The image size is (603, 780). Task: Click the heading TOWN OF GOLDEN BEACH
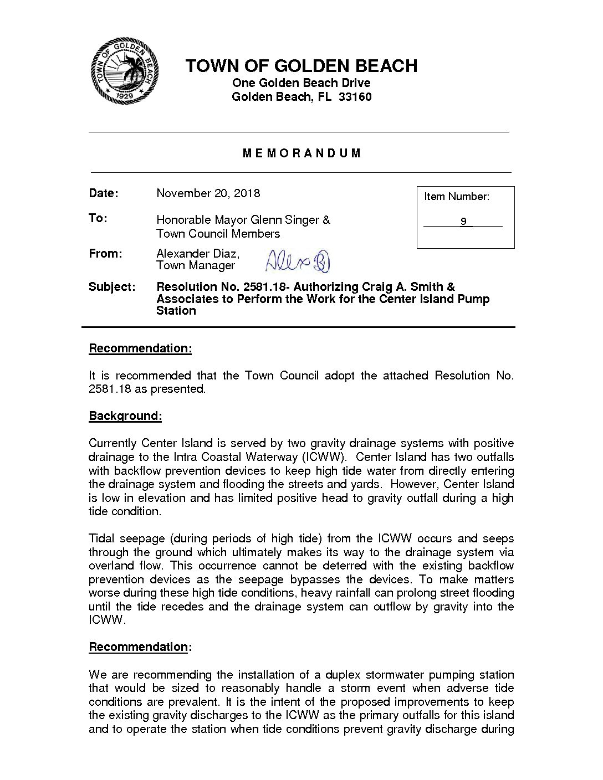coord(301,66)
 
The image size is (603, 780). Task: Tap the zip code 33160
coord(354,97)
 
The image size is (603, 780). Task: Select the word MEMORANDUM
coord(302,153)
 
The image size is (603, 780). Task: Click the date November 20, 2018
coord(208,193)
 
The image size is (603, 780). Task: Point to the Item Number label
coord(457,197)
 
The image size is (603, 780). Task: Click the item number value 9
coord(463,222)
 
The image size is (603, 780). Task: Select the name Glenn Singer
coord(285,220)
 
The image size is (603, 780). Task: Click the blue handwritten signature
coord(298,261)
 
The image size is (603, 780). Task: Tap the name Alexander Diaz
coord(197,254)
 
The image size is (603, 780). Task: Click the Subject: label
coord(112,288)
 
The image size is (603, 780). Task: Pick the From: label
coord(105,254)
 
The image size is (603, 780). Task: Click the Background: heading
coord(125,416)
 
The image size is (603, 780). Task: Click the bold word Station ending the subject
coord(176,311)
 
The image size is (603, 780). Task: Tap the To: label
coord(98,218)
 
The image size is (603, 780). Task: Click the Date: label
coord(104,193)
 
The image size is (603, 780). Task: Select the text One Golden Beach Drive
coord(301,83)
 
